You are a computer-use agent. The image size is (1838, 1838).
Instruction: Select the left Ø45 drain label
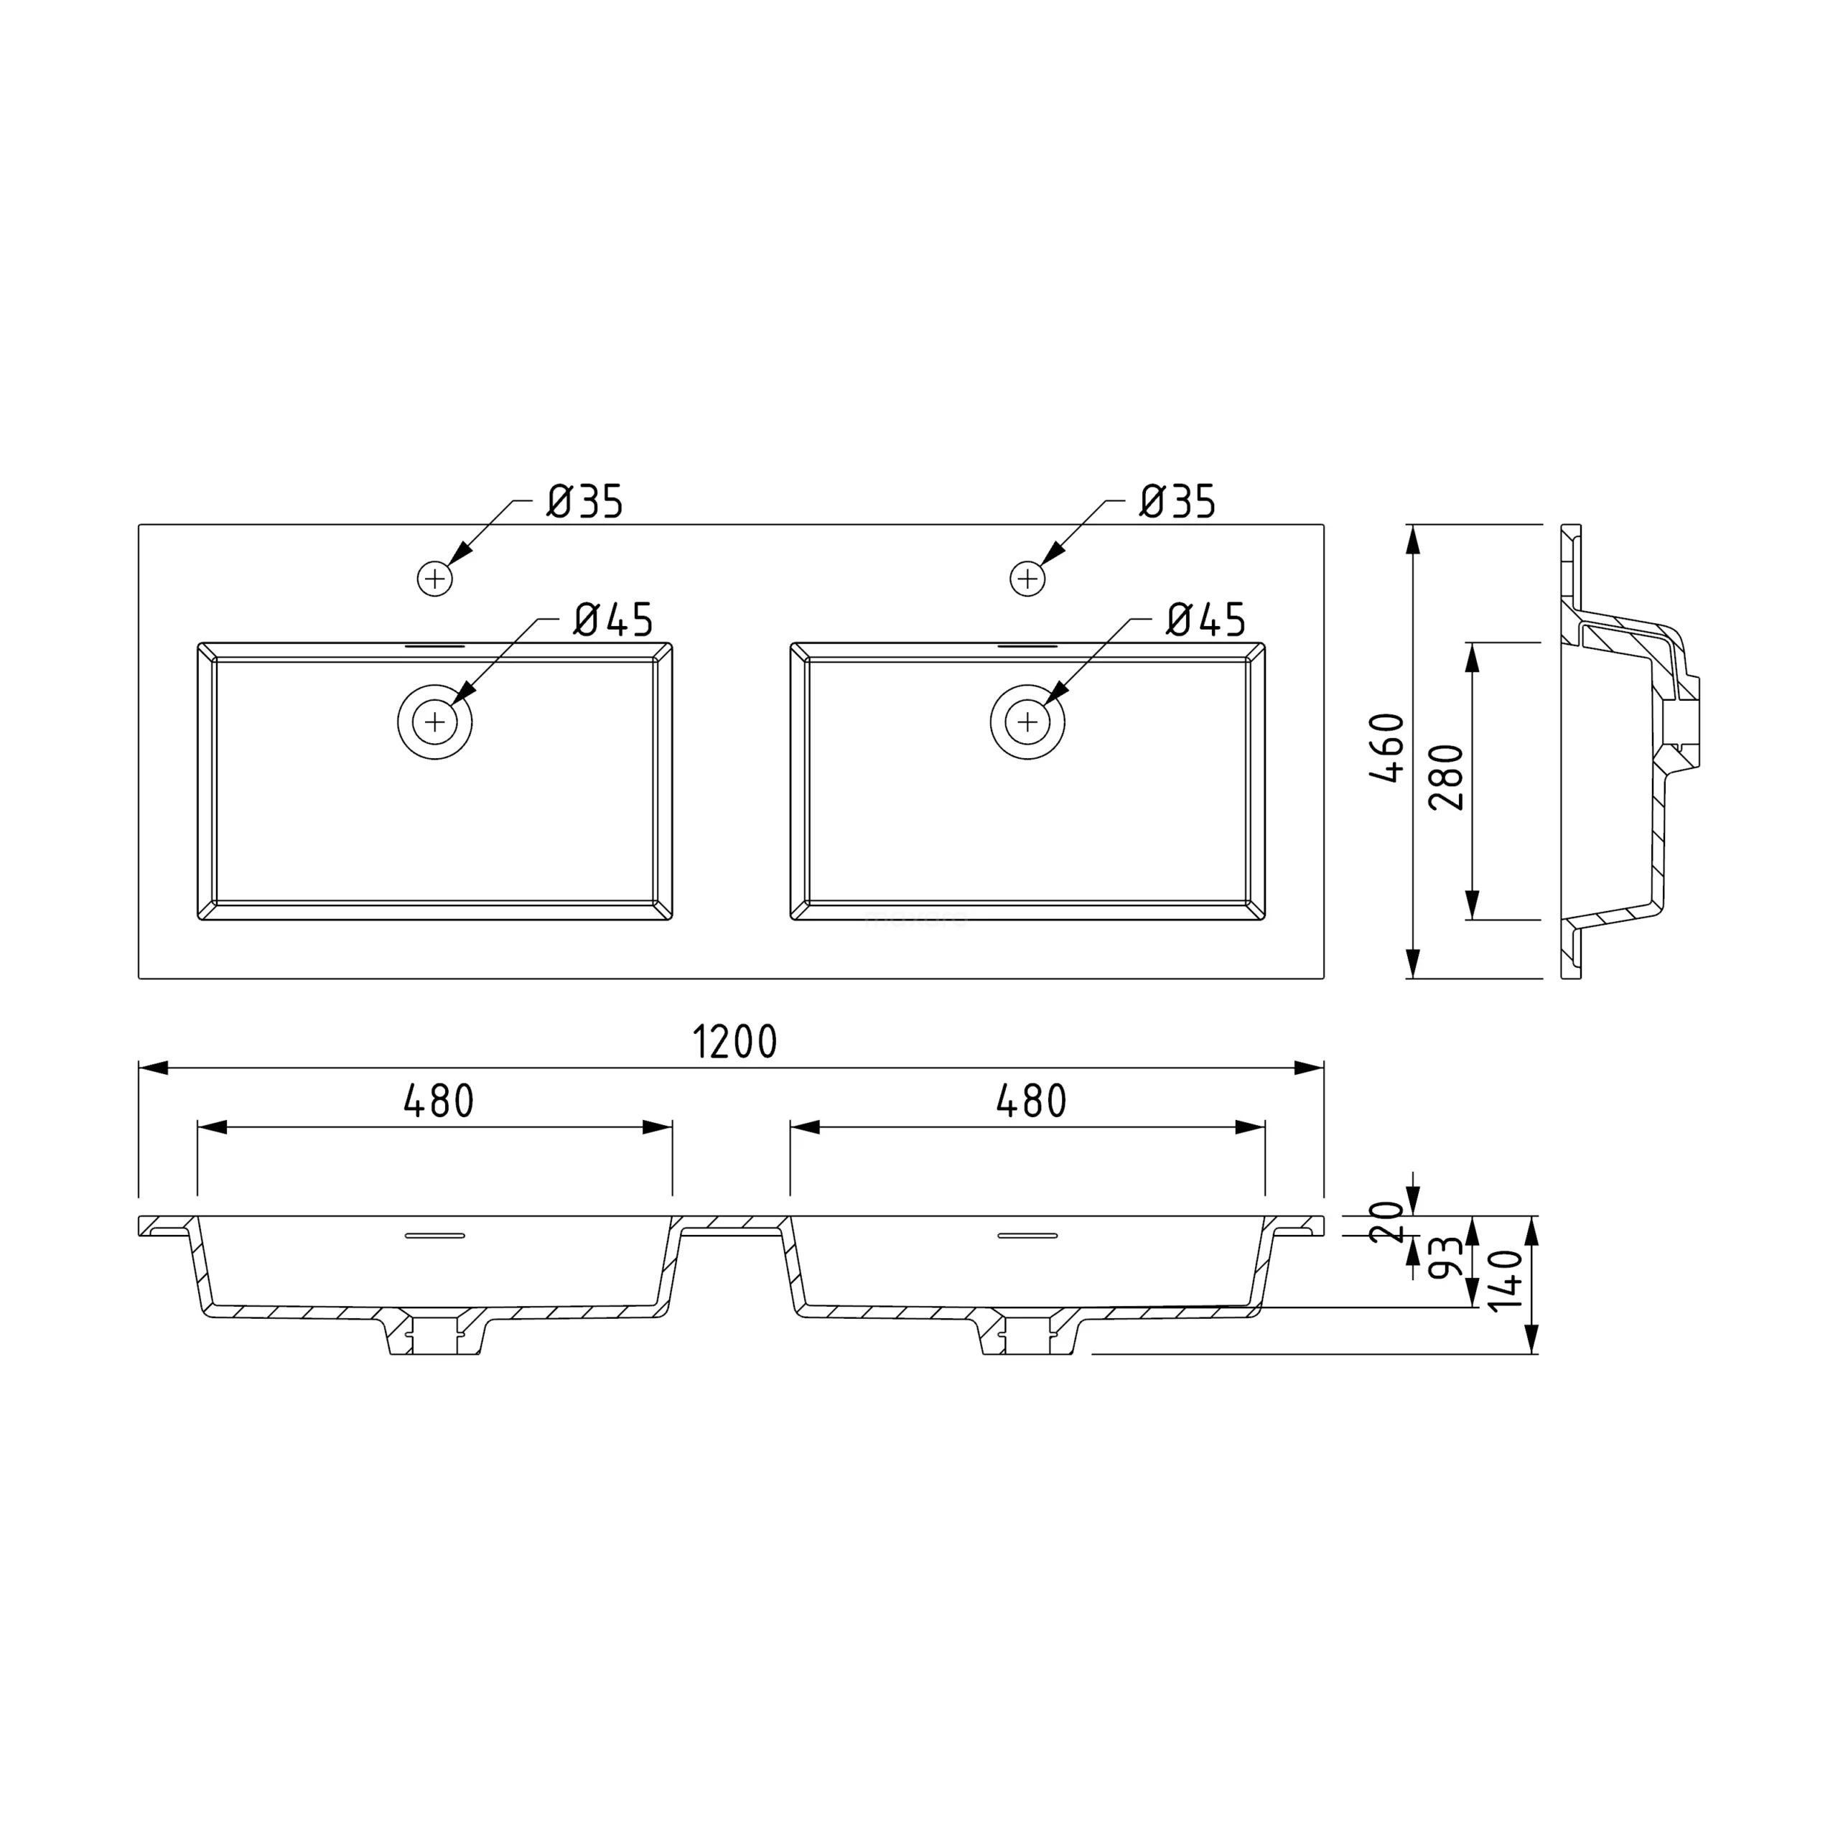[614, 620]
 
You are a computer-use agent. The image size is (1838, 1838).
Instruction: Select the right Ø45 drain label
[1206, 620]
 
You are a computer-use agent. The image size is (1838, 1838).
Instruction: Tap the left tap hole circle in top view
[435, 579]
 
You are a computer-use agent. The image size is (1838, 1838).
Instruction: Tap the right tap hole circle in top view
[1027, 579]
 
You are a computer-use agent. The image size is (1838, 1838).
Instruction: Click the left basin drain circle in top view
[435, 722]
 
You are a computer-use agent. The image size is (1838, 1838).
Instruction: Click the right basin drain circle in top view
[1027, 722]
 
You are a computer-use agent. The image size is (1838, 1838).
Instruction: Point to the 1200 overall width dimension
[735, 1042]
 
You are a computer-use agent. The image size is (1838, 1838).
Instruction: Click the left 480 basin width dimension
[439, 1101]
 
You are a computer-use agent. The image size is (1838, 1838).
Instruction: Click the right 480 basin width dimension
[1031, 1101]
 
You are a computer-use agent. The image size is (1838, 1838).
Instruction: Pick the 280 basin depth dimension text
[1447, 778]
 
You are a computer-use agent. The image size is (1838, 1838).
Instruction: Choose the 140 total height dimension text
[1506, 1281]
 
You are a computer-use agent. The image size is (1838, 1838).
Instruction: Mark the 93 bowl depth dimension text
[1446, 1258]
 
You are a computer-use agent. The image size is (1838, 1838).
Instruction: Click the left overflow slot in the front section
[435, 1236]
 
